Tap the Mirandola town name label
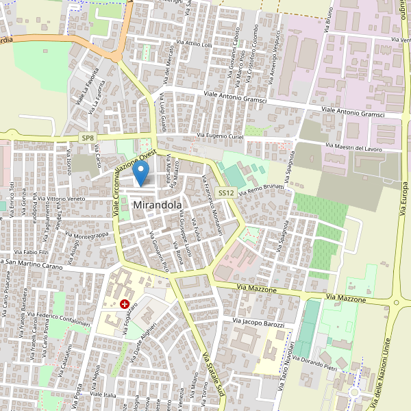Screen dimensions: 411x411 (x=158, y=205)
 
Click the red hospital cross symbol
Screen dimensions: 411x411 (x=125, y=303)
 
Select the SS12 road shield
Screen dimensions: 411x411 (x=227, y=194)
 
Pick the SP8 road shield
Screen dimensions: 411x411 (x=87, y=138)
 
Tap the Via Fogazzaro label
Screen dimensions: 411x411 (x=130, y=319)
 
